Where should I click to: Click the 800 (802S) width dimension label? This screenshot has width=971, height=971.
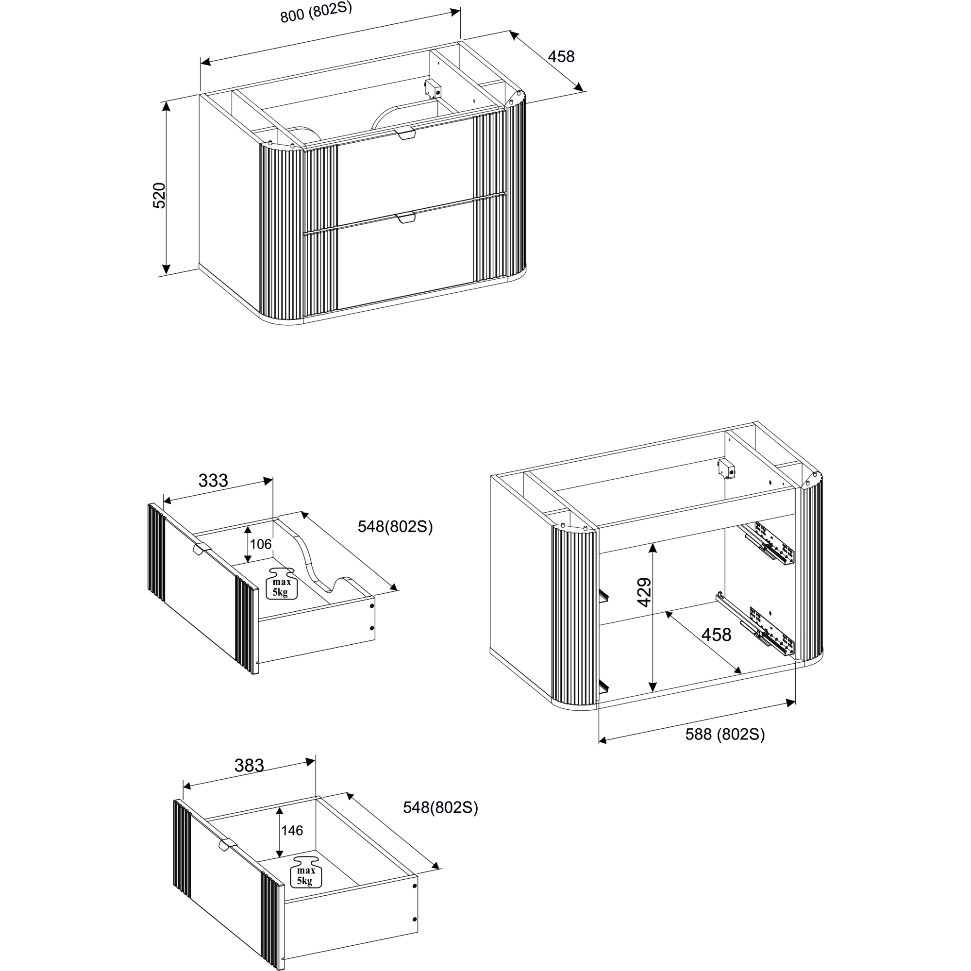pyautogui.click(x=316, y=12)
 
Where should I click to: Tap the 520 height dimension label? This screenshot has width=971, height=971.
pyautogui.click(x=159, y=196)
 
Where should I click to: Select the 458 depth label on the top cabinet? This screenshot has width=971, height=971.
pyautogui.click(x=561, y=57)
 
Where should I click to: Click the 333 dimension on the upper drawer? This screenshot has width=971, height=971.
pyautogui.click(x=213, y=481)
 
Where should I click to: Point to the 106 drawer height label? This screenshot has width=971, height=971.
pyautogui.click(x=260, y=544)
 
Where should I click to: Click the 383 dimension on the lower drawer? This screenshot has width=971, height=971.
pyautogui.click(x=249, y=766)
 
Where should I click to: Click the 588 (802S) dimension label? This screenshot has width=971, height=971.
pyautogui.click(x=725, y=735)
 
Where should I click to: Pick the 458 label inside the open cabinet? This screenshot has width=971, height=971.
pyautogui.click(x=716, y=635)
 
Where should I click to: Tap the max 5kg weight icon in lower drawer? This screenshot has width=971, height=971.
pyautogui.click(x=305, y=871)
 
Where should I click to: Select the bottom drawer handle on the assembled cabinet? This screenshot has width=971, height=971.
pyautogui.click(x=405, y=217)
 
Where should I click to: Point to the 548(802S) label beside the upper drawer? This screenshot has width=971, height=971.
pyautogui.click(x=395, y=527)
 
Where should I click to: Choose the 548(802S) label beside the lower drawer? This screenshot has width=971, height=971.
pyautogui.click(x=440, y=808)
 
